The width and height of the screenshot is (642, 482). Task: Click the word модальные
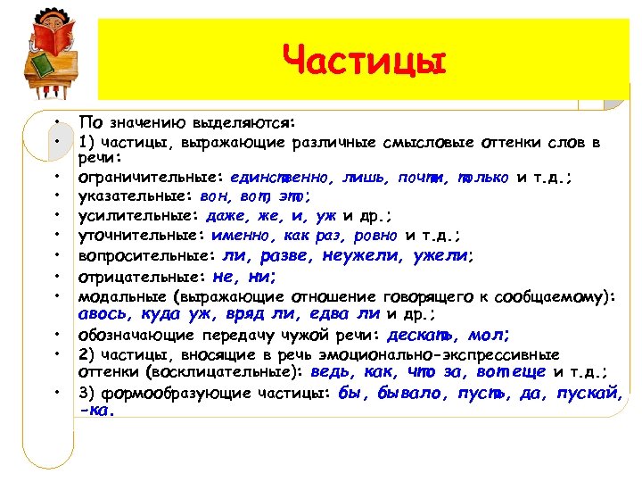(119, 295)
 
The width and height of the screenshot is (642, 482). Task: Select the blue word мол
(490, 336)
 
